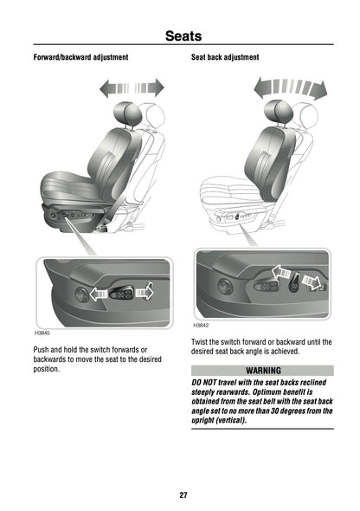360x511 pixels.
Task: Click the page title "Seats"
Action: tap(183, 36)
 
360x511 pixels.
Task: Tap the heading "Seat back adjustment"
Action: tap(224, 57)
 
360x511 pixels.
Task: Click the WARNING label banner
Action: tap(262, 370)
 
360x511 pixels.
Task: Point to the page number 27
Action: tap(183, 495)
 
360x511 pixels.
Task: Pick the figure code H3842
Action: tap(201, 326)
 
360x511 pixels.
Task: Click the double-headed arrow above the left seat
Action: tap(132, 87)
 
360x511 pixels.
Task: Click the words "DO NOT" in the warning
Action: tap(208, 382)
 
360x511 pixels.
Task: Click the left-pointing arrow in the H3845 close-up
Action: tap(98, 295)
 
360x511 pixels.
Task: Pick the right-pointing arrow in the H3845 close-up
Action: tap(143, 292)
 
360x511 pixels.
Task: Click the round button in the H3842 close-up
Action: tap(227, 285)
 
